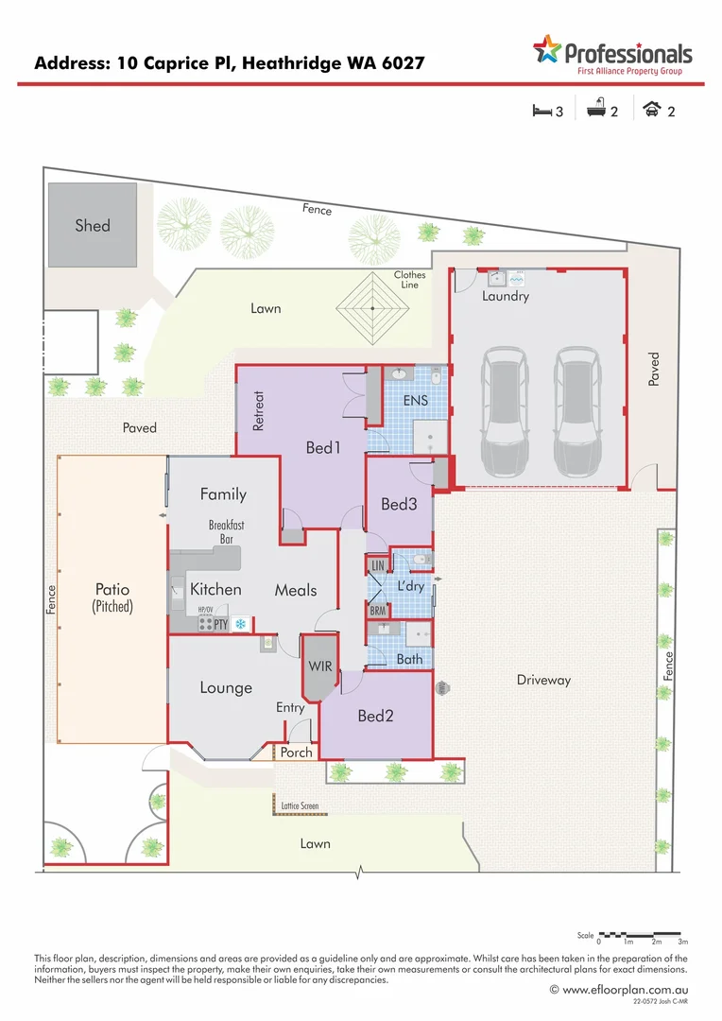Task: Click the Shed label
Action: tap(93, 225)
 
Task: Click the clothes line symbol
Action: tap(374, 308)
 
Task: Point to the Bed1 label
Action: tap(322, 447)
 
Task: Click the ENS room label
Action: tap(416, 401)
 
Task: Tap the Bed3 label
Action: tap(399, 505)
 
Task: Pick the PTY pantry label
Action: tap(219, 624)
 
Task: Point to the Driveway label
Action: tap(543, 680)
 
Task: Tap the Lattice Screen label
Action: tap(301, 806)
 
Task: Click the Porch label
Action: tap(296, 753)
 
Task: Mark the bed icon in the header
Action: tap(541, 111)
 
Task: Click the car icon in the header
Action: tap(651, 111)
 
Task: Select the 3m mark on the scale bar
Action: tap(682, 943)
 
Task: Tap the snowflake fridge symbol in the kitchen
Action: tap(240, 624)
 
